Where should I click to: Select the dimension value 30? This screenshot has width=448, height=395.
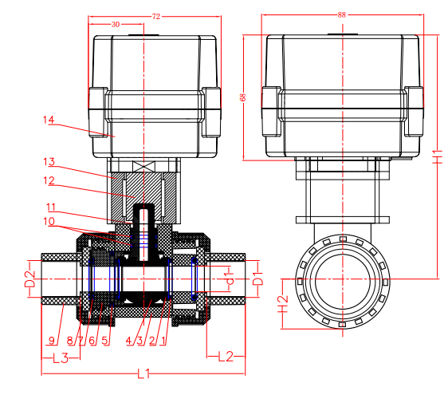click(x=116, y=25)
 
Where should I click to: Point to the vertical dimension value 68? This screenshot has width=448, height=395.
click(x=242, y=97)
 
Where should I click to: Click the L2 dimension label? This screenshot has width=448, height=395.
click(x=225, y=356)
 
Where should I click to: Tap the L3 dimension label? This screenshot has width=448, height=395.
click(x=60, y=356)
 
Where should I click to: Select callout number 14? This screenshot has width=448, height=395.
click(x=49, y=120)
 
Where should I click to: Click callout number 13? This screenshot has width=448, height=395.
click(x=49, y=162)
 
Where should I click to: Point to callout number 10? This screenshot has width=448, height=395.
click(x=49, y=221)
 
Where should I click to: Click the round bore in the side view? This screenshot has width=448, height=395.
click(x=342, y=279)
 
